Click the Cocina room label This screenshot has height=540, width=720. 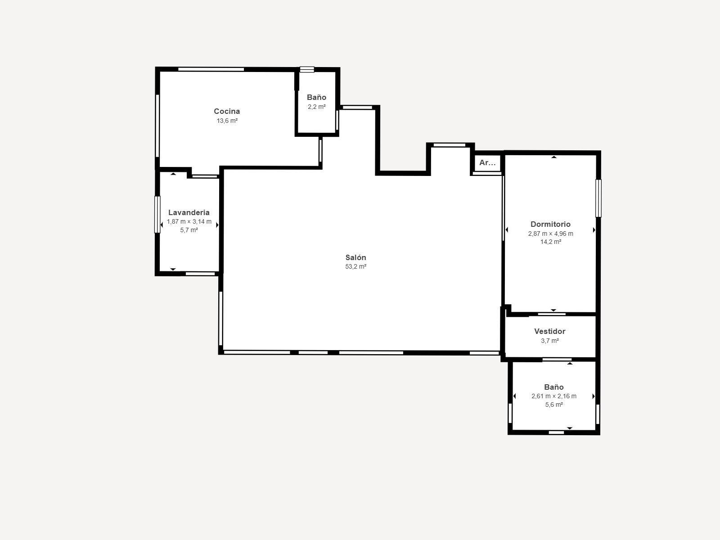[x=227, y=111]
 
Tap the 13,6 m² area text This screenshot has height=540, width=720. [x=227, y=121]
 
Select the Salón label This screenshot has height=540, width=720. [x=355, y=257]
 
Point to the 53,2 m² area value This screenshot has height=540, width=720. [x=355, y=266]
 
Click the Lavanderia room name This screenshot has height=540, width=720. [x=189, y=212]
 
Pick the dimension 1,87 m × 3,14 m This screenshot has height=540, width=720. [x=189, y=221]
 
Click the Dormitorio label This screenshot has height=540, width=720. [x=550, y=224]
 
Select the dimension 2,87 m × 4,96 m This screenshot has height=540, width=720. [x=550, y=234]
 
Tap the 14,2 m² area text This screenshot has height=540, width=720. [x=550, y=242]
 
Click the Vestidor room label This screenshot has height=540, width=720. [x=549, y=331]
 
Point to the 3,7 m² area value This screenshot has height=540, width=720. [x=549, y=341]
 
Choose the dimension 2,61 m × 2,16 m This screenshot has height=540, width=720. [x=553, y=396]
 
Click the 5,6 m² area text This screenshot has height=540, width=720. [x=553, y=405]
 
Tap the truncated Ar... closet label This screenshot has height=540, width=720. [x=487, y=163]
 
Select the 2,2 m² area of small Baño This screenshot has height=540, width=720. [x=316, y=107]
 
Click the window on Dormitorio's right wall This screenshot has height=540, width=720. [x=598, y=198]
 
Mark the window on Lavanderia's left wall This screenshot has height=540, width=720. [x=157, y=215]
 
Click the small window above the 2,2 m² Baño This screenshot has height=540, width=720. [x=307, y=69]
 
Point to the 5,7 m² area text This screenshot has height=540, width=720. [x=189, y=230]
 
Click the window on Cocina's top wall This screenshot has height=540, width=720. [x=211, y=69]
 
